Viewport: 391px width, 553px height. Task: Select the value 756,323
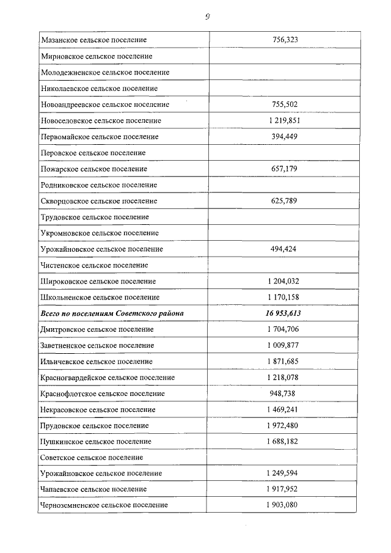[x=285, y=40]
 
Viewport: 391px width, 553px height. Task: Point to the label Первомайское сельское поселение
[x=100, y=136]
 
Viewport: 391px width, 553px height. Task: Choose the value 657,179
[x=285, y=169]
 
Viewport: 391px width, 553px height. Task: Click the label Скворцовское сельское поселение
[x=99, y=201]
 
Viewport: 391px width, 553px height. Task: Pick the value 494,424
[x=285, y=249]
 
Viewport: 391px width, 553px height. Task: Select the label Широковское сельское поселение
[x=98, y=281]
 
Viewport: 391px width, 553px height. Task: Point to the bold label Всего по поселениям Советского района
[x=112, y=313]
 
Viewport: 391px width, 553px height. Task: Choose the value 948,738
[x=285, y=394]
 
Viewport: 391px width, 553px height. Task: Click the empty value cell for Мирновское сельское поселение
[x=285, y=56]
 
